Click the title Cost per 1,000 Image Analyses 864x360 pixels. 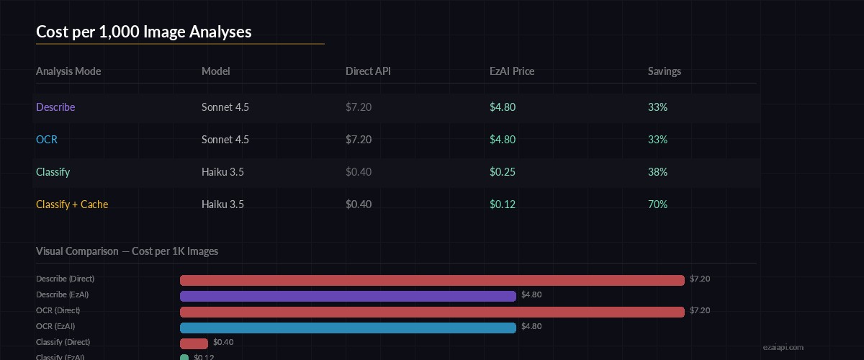[143, 32]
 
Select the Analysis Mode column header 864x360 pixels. [68, 71]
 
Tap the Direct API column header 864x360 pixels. [368, 71]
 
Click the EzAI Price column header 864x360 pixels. [512, 71]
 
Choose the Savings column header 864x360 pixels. [665, 71]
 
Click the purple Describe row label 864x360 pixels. [55, 107]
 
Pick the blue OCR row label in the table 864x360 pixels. [47, 140]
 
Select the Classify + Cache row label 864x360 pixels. [72, 204]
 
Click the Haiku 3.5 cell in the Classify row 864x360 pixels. [222, 172]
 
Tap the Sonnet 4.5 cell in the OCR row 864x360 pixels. [225, 140]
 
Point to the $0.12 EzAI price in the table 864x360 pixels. [503, 204]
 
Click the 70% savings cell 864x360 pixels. [657, 204]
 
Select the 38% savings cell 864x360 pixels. [657, 172]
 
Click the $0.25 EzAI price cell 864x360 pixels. [503, 172]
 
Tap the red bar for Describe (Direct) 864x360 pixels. [432, 280]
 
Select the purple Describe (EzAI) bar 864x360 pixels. [348, 296]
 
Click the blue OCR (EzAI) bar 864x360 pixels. [348, 328]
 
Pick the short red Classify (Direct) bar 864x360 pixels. [194, 343]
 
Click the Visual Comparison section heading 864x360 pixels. [127, 251]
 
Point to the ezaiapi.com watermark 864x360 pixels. [782, 347]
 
